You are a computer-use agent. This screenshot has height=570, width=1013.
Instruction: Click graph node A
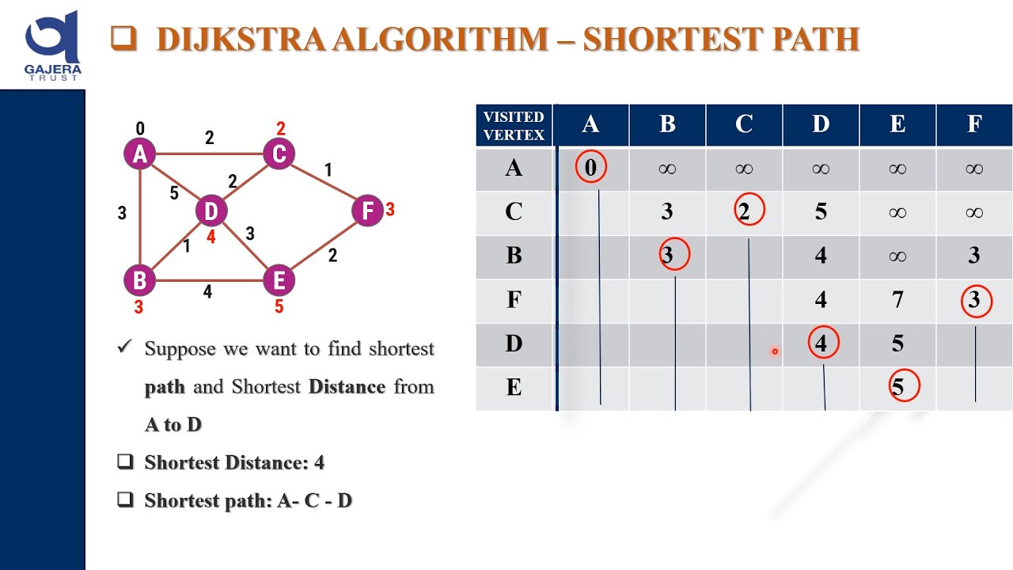[140, 154]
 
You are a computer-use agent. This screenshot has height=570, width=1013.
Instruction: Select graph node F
[367, 211]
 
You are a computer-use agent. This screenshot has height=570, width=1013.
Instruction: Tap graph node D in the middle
[211, 211]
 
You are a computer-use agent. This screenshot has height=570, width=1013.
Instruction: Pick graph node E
[279, 280]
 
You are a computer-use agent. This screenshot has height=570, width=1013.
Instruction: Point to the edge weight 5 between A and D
[174, 192]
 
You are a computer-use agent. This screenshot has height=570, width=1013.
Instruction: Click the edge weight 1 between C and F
[328, 169]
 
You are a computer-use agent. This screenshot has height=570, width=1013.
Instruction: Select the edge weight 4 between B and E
[207, 292]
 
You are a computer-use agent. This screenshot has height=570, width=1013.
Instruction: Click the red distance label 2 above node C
[280, 128]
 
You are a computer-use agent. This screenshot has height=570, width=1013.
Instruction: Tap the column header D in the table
[821, 124]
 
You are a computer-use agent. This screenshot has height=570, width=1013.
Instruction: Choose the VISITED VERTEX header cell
[514, 125]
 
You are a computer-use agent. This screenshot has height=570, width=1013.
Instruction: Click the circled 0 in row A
[590, 168]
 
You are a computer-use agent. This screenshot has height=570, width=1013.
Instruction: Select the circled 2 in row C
[745, 211]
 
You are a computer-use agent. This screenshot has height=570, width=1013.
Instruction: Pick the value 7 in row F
[897, 299]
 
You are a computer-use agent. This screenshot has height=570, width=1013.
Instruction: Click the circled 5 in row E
[897, 387]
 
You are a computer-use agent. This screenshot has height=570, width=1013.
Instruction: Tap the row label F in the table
[514, 299]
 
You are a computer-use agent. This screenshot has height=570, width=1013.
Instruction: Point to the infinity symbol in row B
[897, 255]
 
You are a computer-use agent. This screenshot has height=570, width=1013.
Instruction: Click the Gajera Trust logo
[52, 44]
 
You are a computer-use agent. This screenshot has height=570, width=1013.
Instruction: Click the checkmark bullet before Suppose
[123, 348]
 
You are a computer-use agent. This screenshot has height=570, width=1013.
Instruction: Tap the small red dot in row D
[775, 351]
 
